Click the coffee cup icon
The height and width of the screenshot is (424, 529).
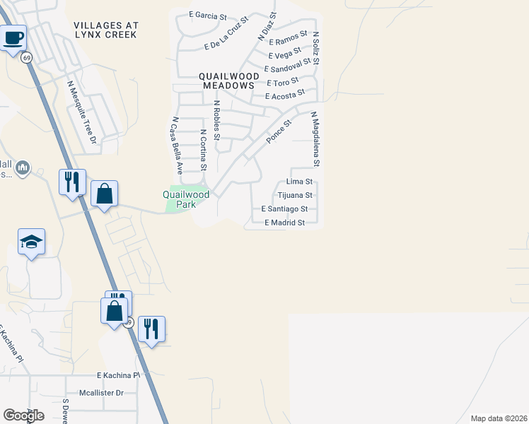[x=13, y=37]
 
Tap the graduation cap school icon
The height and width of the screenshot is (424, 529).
[x=31, y=242]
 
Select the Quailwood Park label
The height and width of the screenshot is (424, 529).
[x=186, y=198]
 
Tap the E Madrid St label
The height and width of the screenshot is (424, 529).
[x=284, y=223]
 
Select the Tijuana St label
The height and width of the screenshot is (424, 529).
[x=294, y=195]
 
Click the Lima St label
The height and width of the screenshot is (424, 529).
[x=299, y=182]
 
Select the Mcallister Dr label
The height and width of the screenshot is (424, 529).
[x=101, y=393]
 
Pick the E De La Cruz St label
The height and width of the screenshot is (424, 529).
[x=226, y=35]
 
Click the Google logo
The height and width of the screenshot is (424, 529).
[x=23, y=416]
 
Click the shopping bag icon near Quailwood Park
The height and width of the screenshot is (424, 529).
[x=104, y=194]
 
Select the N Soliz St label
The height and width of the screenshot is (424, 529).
[x=315, y=48]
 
